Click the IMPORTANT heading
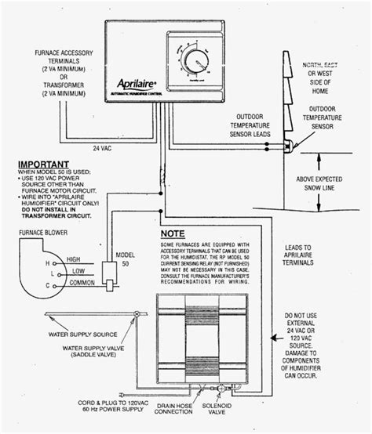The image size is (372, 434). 45,166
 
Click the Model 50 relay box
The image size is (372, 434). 109,272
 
